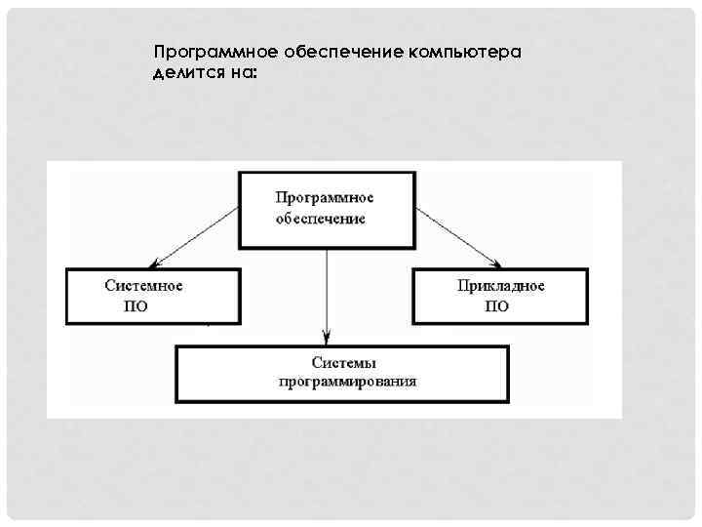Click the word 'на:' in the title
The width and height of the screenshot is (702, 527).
click(238, 74)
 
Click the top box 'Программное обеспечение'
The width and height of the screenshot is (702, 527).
click(328, 210)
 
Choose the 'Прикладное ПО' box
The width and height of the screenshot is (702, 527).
click(501, 296)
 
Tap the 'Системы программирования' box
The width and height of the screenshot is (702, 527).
click(342, 372)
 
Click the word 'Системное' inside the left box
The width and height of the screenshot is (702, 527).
click(144, 286)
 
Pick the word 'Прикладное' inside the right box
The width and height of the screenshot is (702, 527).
click(500, 286)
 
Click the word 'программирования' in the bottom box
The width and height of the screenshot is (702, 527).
click(346, 382)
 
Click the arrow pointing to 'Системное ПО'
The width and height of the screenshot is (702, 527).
click(200, 235)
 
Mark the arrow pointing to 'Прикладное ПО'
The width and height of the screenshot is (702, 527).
click(458, 235)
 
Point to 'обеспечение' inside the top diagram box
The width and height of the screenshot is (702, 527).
click(320, 219)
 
